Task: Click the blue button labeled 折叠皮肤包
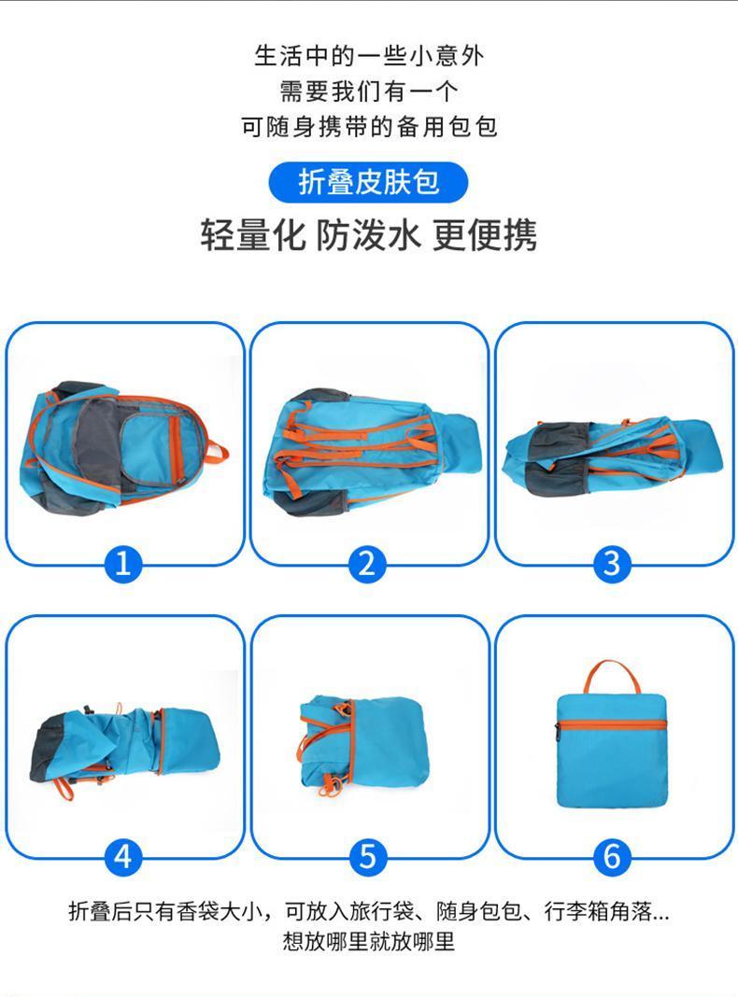tap(368, 182)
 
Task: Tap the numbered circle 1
tap(122, 563)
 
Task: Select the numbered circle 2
tap(367, 563)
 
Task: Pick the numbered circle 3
tap(612, 563)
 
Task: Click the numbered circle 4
tap(122, 856)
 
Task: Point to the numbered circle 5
tap(368, 856)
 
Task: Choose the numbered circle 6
tap(612, 856)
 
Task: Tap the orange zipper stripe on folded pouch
tap(612, 725)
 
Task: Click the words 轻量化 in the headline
tap(253, 235)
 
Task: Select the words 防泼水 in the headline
tap(369, 235)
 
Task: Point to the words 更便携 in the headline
tap(485, 235)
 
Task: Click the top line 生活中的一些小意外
tap(369, 56)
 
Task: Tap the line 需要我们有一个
tap(369, 91)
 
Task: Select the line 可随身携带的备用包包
tap(369, 127)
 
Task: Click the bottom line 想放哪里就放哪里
tap(369, 942)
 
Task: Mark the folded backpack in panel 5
tap(364, 744)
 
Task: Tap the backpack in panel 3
tap(612, 456)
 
